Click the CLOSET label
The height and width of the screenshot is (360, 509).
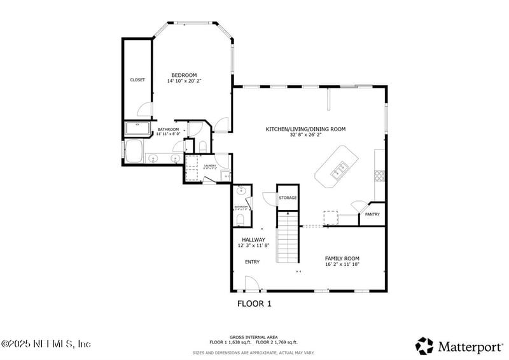tap(137, 80)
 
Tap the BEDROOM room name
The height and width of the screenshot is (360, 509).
tap(184, 75)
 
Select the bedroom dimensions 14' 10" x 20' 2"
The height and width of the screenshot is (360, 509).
tap(184, 81)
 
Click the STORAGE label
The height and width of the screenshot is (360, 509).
tap(288, 198)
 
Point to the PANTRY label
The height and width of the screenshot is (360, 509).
tap(372, 215)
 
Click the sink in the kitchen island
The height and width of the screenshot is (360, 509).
tap(338, 169)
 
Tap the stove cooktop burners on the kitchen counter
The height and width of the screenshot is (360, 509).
tap(380, 174)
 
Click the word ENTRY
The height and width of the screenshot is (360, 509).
tap(252, 262)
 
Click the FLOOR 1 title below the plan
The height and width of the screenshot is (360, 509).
tap(254, 304)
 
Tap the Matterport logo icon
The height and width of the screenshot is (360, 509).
tap(424, 345)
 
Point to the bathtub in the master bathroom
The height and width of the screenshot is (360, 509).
tap(134, 152)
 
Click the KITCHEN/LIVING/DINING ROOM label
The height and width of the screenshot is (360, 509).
tap(305, 129)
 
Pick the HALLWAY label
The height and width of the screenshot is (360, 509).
tap(253, 240)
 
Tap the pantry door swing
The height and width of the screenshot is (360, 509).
tap(358, 207)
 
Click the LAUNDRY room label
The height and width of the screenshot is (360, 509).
tap(210, 165)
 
